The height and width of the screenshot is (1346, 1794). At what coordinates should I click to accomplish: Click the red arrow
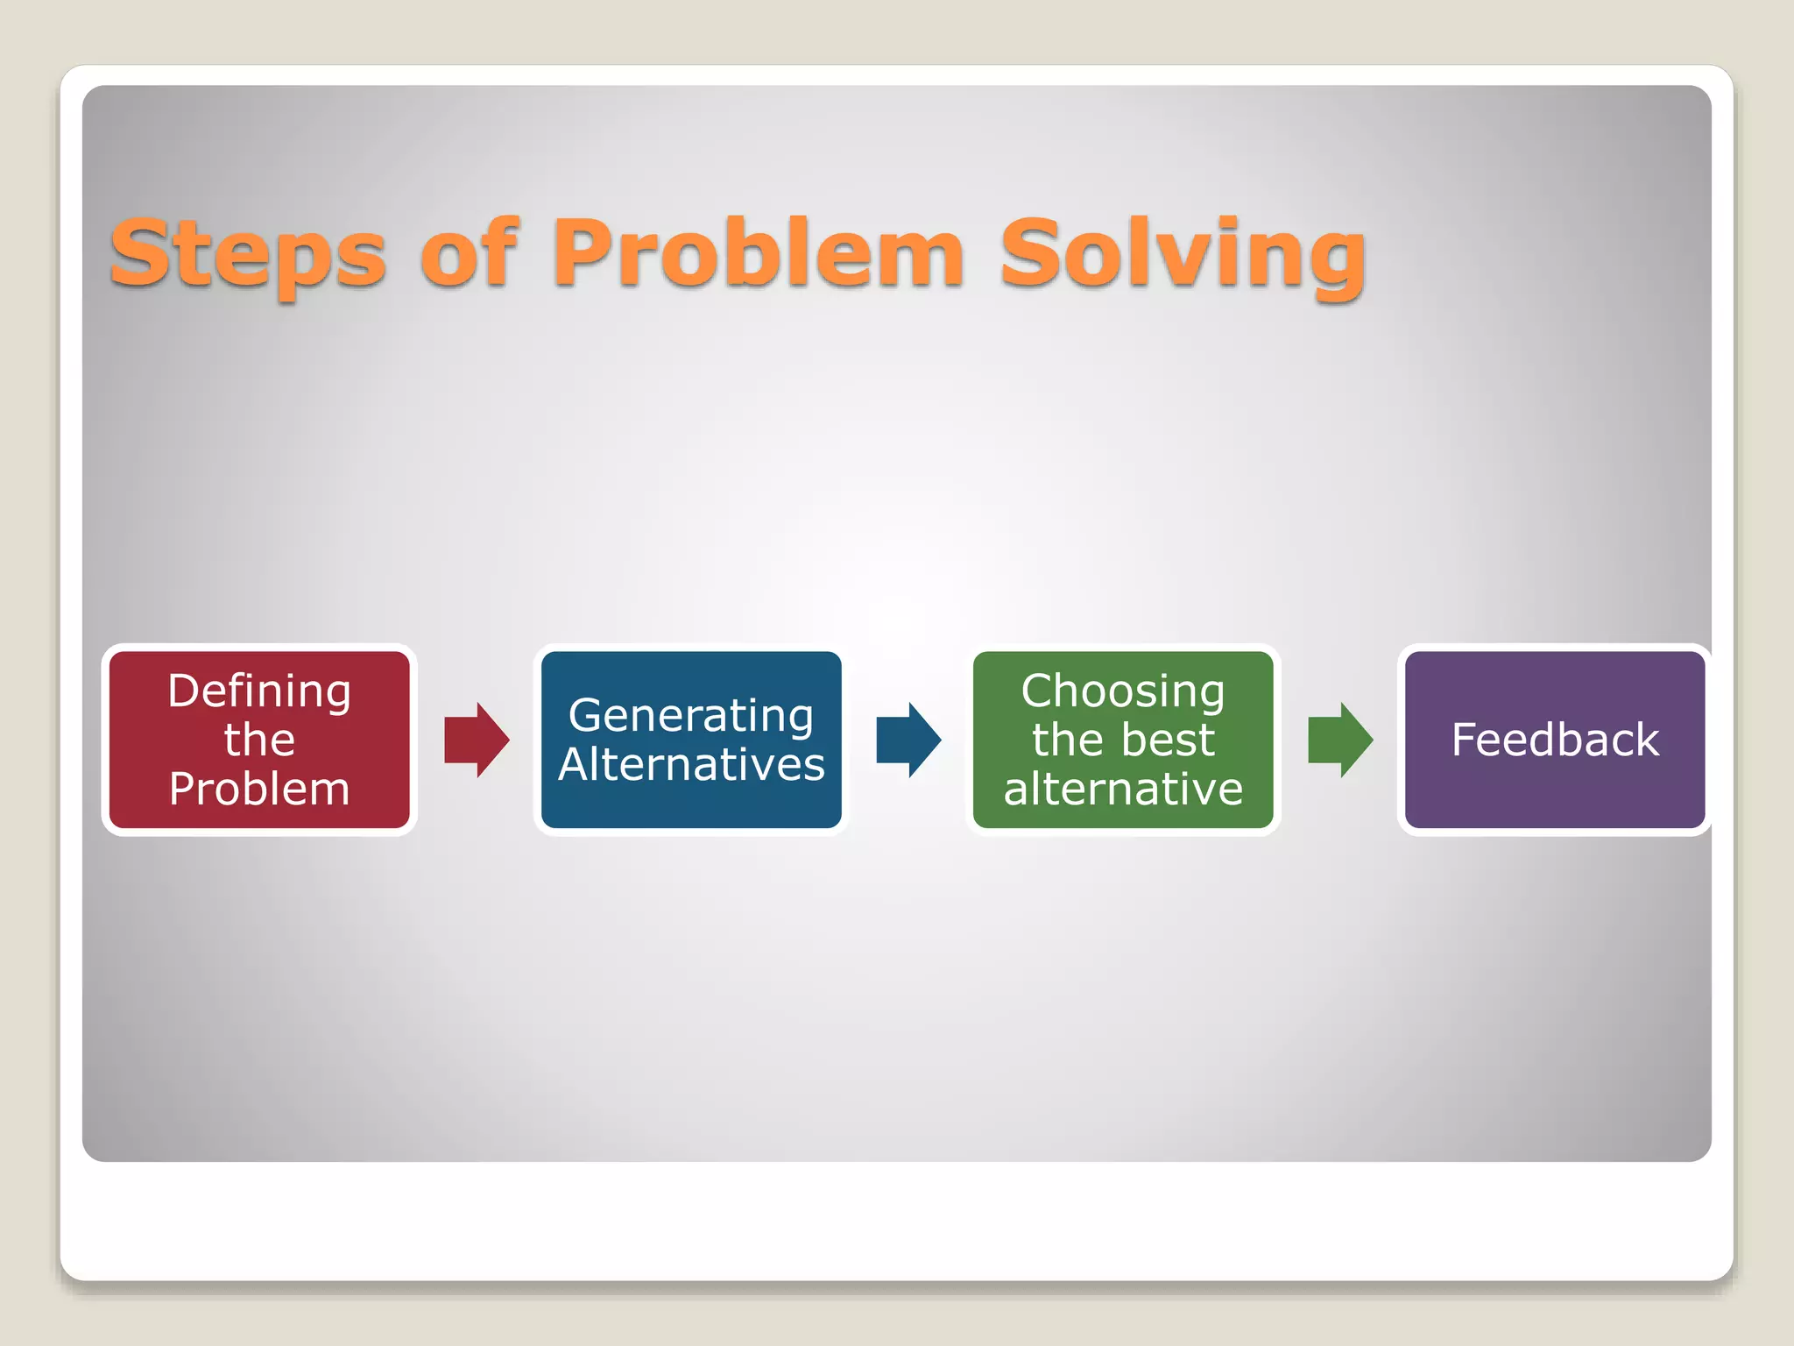[x=477, y=740]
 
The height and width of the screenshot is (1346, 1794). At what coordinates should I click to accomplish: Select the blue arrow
[x=908, y=740]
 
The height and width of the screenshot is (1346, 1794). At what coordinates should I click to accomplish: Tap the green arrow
[x=1340, y=740]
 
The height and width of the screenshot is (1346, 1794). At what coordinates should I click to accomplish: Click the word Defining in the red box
[x=259, y=692]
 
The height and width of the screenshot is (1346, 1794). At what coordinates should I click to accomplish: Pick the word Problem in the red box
[x=259, y=789]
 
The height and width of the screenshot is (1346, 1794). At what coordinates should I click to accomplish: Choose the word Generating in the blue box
[x=691, y=716]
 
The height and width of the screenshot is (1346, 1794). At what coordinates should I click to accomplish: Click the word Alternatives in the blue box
[x=691, y=764]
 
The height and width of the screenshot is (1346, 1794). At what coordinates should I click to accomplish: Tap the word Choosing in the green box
[x=1123, y=692]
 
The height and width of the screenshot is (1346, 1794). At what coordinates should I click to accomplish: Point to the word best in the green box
[x=1170, y=740]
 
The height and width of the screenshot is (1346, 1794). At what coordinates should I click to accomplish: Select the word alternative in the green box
[x=1123, y=789]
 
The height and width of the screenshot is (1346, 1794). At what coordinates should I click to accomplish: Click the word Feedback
[x=1555, y=740]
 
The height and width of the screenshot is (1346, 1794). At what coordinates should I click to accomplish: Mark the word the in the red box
[x=259, y=740]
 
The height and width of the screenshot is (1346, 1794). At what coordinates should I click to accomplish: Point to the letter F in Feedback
[x=1465, y=740]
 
